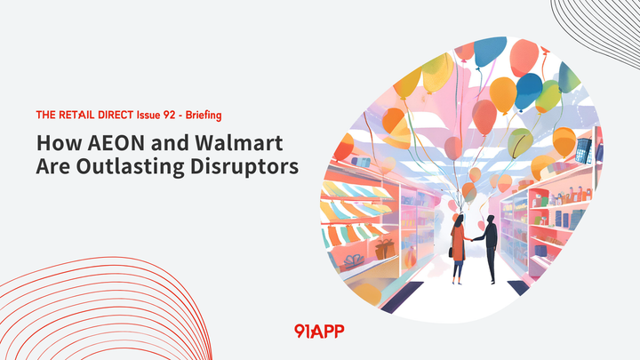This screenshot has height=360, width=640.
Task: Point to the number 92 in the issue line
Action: (166, 116)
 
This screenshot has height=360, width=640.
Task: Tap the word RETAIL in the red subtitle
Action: (75, 116)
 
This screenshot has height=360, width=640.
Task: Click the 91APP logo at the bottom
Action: (319, 331)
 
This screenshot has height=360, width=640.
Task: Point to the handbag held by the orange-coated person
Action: (451, 252)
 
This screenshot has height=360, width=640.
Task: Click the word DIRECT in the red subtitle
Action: (112, 116)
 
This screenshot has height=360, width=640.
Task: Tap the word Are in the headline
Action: (52, 167)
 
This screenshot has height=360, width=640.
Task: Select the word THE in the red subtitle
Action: (46, 116)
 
